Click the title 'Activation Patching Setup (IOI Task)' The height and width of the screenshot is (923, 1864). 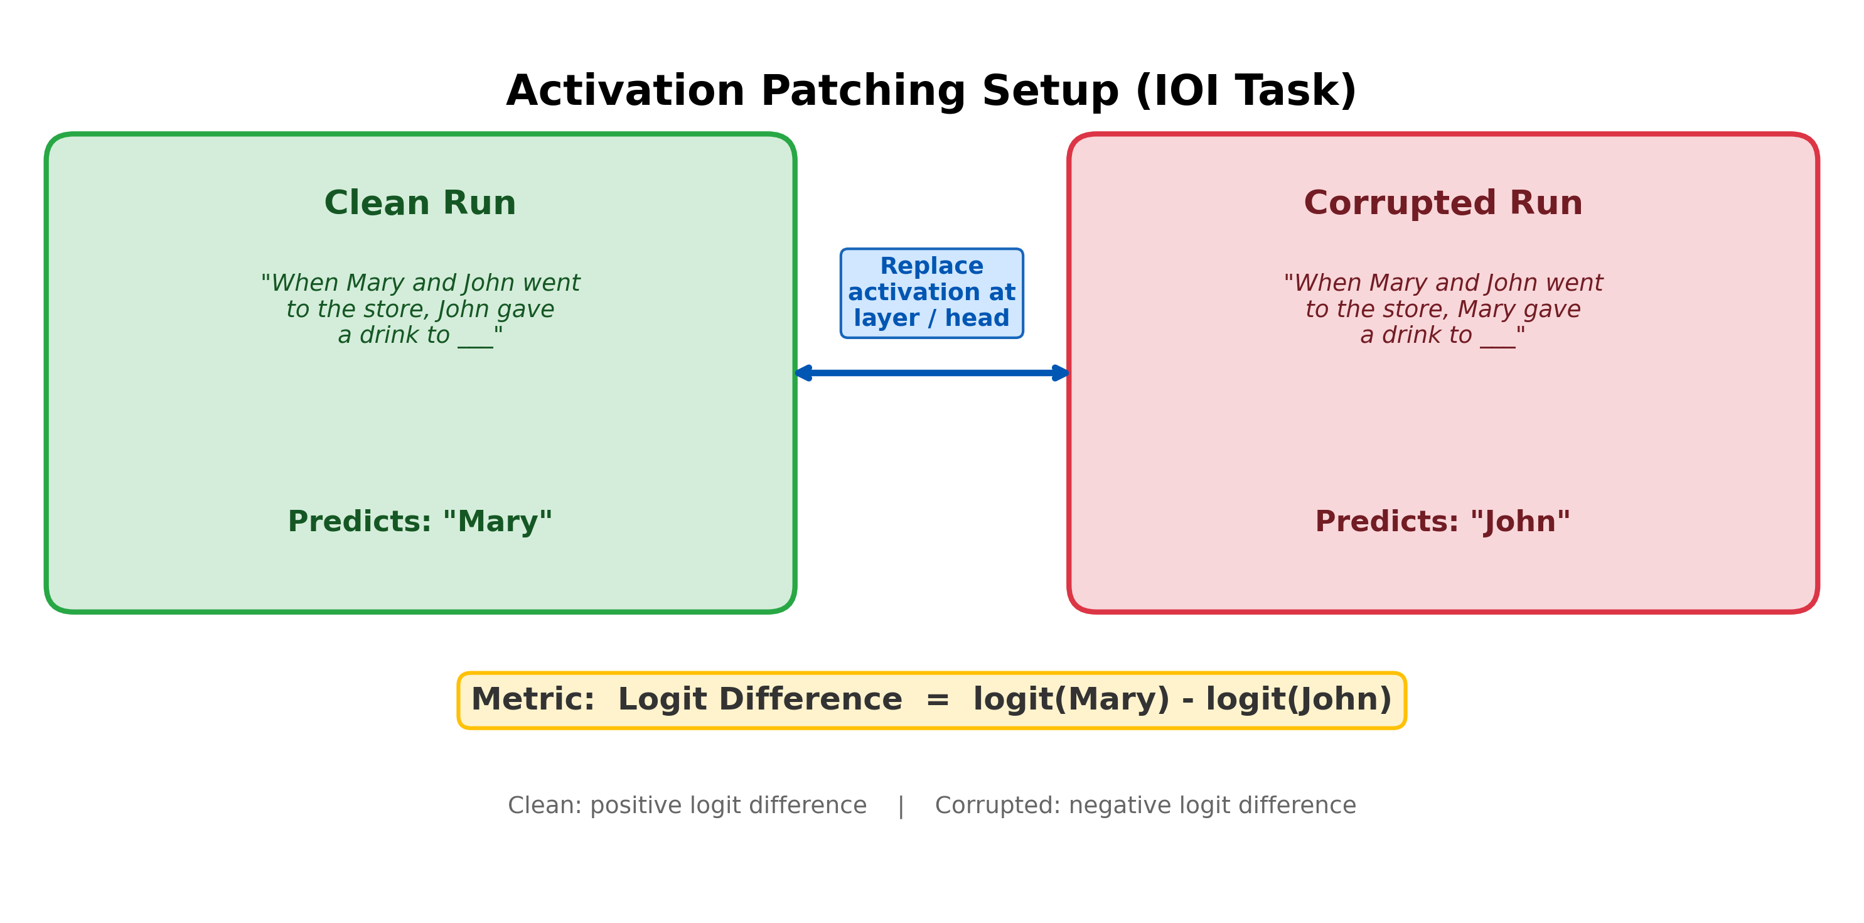[x=931, y=92]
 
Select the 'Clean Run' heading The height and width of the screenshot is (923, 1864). [x=420, y=203]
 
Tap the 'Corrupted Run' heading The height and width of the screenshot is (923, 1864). [x=1443, y=203]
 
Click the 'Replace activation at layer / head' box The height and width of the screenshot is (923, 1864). [x=931, y=293]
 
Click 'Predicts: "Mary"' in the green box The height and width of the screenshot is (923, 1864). [x=420, y=522]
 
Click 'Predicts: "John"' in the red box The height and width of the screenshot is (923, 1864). [x=1443, y=522]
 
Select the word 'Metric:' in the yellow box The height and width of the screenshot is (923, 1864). [x=533, y=700]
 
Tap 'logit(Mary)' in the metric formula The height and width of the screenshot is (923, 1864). [x=1071, y=700]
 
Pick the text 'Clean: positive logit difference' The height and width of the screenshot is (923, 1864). [x=687, y=806]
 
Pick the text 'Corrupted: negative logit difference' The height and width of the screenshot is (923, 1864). [x=1145, y=806]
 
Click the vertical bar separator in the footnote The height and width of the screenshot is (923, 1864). [x=901, y=806]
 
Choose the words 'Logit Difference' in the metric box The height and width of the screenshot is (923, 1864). [x=760, y=700]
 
